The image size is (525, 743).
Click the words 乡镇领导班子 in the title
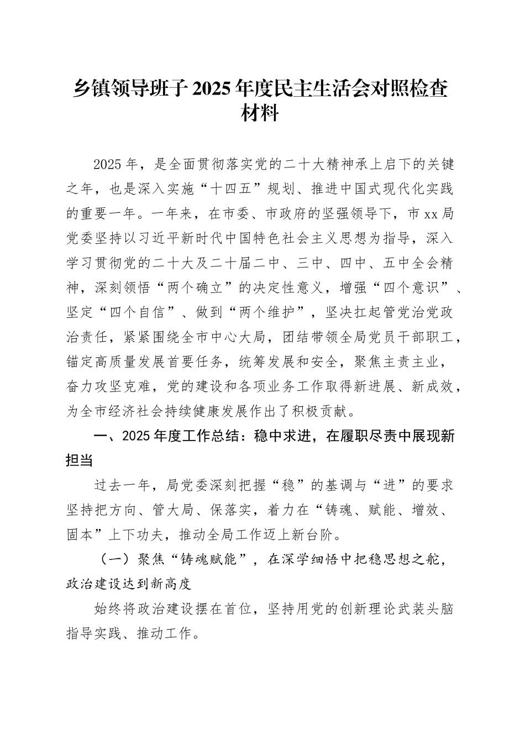131,89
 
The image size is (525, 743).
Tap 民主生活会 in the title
348,89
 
